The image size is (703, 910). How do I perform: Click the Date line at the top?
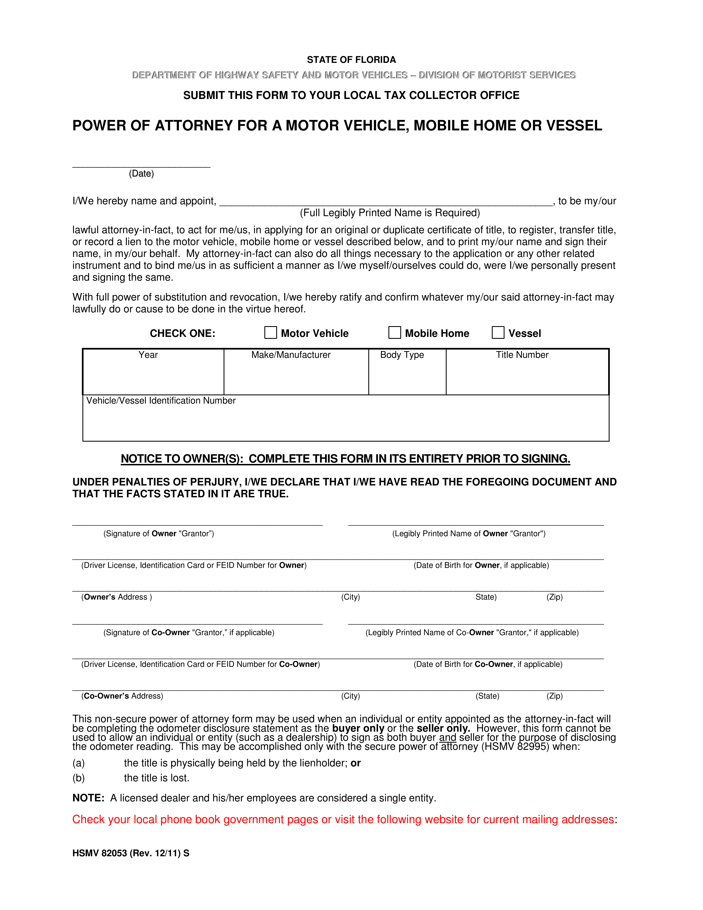pos(141,165)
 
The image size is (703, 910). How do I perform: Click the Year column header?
pos(148,355)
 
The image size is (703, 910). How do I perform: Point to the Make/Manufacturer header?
pos(291,355)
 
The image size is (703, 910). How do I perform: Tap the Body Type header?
pos(402,355)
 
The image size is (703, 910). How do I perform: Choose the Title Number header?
pos(522,355)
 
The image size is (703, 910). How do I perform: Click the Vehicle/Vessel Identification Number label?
pos(161,401)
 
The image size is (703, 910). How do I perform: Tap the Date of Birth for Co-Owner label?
pos(488,664)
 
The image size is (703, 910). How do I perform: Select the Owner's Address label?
pos(117,597)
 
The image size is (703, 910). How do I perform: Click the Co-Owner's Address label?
pos(122,696)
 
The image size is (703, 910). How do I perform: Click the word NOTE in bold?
pos(88,798)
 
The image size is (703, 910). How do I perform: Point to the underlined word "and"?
pos(447,737)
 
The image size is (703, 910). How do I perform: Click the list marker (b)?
pos(79,778)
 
